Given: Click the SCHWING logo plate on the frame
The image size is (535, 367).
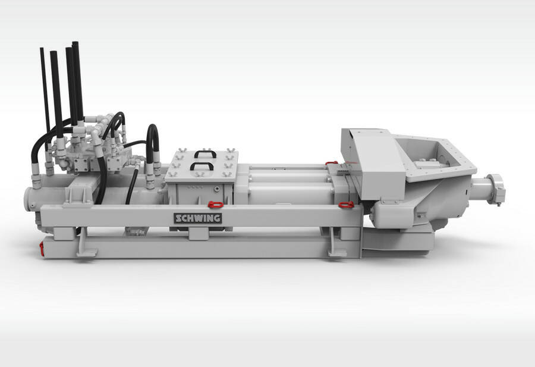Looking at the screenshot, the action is click(198, 218).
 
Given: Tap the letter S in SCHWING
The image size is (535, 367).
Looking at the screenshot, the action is click(179, 218).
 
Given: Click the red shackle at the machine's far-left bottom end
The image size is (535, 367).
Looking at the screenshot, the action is click(42, 249).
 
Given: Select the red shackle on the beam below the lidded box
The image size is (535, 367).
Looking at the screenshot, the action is click(215, 205).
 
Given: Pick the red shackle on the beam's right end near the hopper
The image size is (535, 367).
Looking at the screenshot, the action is click(347, 205).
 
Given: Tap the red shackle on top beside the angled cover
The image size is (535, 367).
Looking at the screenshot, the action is click(331, 163).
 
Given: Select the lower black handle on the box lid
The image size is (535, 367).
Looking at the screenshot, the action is click(202, 165).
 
